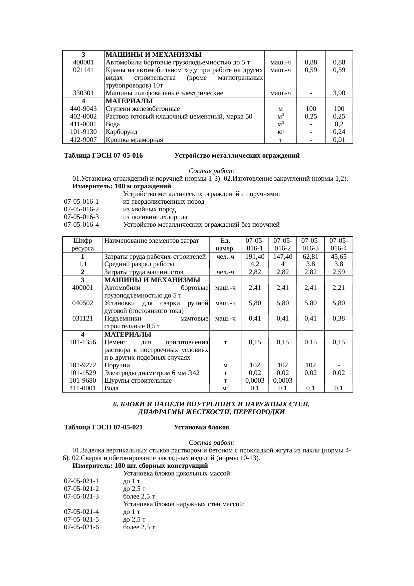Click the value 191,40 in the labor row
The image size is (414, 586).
(x=255, y=256)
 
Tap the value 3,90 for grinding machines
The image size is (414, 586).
(x=339, y=93)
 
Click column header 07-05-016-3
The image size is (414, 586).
(x=310, y=244)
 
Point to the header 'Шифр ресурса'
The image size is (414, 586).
(x=82, y=244)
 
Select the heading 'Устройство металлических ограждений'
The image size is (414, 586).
(x=237, y=156)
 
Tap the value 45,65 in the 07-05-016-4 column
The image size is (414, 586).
(x=339, y=256)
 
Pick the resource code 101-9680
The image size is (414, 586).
(x=82, y=380)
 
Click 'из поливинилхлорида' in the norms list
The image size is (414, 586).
(x=155, y=217)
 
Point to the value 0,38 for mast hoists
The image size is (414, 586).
(x=339, y=318)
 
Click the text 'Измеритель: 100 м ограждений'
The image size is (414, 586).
(x=122, y=186)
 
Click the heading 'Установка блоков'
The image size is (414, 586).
(x=201, y=427)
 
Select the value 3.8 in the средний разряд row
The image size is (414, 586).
(x=310, y=264)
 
